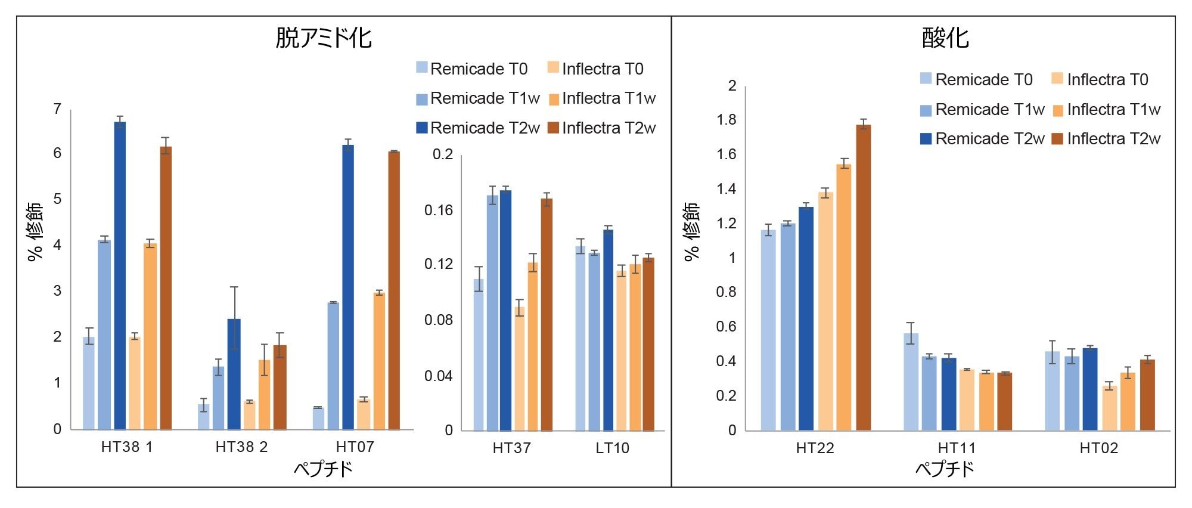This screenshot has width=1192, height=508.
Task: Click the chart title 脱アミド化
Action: (x=324, y=38)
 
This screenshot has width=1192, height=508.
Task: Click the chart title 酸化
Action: (x=945, y=38)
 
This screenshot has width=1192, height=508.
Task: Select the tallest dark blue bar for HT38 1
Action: (x=120, y=275)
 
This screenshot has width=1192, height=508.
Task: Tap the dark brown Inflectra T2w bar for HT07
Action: (x=394, y=290)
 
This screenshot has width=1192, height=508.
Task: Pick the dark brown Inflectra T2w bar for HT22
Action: (x=864, y=277)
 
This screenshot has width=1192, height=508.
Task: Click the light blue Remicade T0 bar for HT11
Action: (x=911, y=382)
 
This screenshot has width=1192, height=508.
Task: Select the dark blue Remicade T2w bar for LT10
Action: (x=608, y=330)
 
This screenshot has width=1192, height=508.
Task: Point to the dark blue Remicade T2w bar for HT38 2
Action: (x=234, y=374)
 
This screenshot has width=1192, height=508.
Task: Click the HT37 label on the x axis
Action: (x=511, y=448)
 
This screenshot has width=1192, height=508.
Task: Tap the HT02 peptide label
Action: (x=1098, y=448)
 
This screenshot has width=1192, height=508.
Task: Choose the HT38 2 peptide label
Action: (x=241, y=447)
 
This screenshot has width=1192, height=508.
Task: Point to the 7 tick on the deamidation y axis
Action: (x=57, y=109)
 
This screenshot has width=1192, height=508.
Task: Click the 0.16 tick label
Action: (x=438, y=210)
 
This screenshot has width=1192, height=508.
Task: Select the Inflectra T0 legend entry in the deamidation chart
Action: (x=595, y=69)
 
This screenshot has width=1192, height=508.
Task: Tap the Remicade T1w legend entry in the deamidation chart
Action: (x=478, y=98)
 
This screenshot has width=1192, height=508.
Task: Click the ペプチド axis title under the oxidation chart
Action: (x=945, y=469)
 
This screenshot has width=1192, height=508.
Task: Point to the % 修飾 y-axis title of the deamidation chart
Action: (x=35, y=231)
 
